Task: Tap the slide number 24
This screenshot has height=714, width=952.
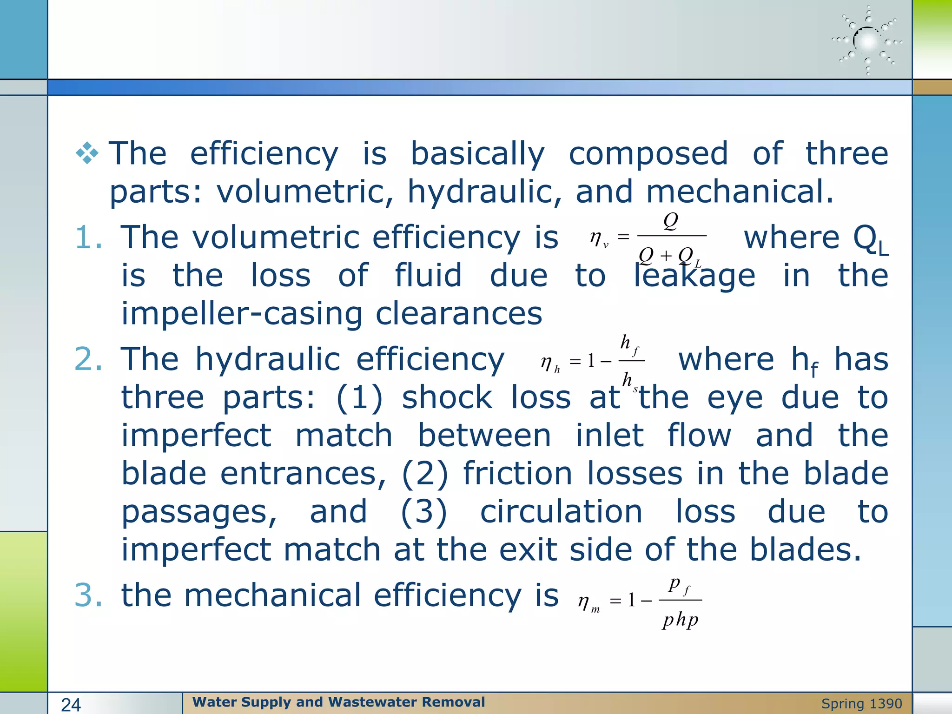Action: click(71, 705)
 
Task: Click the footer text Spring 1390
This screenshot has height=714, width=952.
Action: click(861, 704)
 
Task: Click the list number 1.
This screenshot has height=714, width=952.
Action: click(88, 238)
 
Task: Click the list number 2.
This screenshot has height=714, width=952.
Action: click(88, 359)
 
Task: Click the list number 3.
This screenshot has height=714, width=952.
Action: click(88, 595)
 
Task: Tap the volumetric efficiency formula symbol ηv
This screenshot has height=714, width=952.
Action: click(599, 238)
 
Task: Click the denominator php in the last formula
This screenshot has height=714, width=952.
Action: click(681, 620)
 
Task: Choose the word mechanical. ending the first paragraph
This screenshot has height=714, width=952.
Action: click(740, 192)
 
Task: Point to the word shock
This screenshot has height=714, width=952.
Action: click(447, 398)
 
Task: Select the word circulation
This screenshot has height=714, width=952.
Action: click(561, 512)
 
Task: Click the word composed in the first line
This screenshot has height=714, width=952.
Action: click(648, 153)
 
